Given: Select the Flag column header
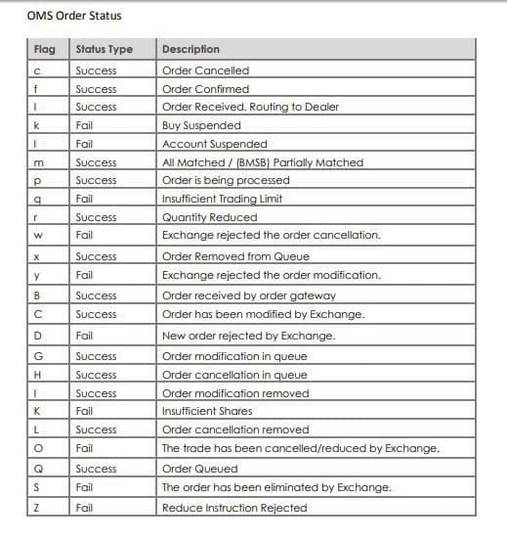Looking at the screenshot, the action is click(x=45, y=49).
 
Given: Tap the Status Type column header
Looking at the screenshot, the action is click(x=104, y=49).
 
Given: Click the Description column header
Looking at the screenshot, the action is click(x=190, y=49).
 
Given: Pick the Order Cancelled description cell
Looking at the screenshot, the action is click(x=205, y=70).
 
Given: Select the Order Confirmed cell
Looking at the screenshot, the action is click(x=205, y=89).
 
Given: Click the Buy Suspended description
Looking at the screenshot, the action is click(x=200, y=126).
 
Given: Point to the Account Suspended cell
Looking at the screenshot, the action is click(x=213, y=144).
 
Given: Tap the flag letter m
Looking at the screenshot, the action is click(x=36, y=162).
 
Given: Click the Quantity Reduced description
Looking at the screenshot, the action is click(x=209, y=217).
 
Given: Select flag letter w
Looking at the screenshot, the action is click(x=36, y=236).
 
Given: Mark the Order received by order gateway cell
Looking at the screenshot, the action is click(x=248, y=295).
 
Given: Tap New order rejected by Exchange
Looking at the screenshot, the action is click(x=248, y=336).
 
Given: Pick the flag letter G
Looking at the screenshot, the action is click(x=36, y=357).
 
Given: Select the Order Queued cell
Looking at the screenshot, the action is click(x=199, y=469).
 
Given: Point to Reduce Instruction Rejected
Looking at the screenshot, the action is click(x=234, y=508).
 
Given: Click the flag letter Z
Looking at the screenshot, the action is click(x=36, y=508).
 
